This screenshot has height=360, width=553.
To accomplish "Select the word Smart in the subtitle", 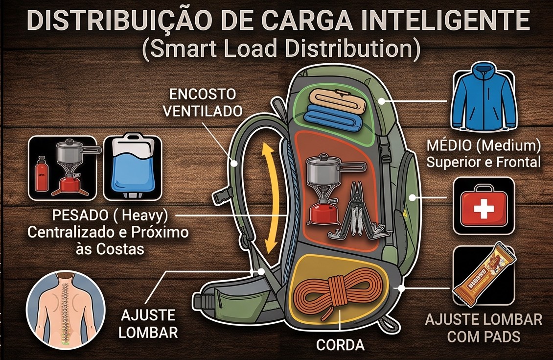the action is [x=180, y=48].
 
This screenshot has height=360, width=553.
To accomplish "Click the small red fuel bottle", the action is [x=41, y=174].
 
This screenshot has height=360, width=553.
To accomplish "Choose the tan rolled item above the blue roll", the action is [x=335, y=100].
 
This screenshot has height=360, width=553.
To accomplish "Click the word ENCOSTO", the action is [x=203, y=94].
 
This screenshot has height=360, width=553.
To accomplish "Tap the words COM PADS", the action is [x=484, y=336].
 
